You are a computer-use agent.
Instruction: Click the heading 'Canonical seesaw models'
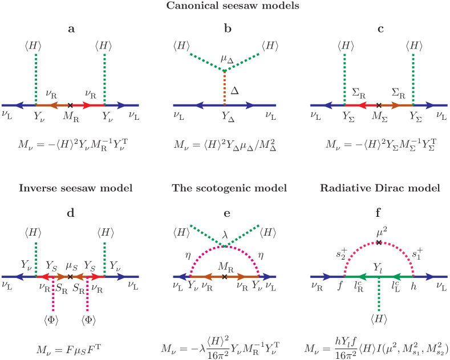(225, 7)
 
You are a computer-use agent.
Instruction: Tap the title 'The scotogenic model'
(225, 188)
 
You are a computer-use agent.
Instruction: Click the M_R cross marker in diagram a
(70, 105)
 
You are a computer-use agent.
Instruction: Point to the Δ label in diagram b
(234, 89)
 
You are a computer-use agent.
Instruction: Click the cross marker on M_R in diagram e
(224, 277)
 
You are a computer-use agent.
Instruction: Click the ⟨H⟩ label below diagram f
(378, 318)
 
